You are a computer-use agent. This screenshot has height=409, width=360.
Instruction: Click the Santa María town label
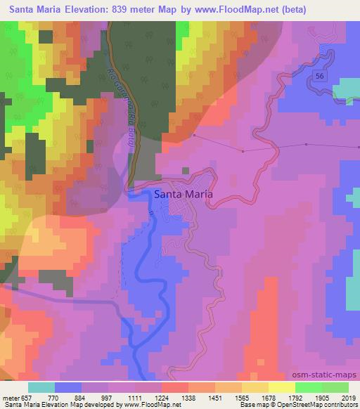click(x=184, y=196)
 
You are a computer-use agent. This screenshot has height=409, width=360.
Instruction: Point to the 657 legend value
click(x=26, y=397)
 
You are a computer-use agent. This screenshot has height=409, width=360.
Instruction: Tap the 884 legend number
click(x=80, y=397)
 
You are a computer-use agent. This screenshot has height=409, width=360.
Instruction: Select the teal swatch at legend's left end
click(x=41, y=387)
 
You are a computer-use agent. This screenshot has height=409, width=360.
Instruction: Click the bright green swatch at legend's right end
click(x=335, y=387)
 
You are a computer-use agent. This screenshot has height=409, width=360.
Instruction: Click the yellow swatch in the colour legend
click(x=281, y=387)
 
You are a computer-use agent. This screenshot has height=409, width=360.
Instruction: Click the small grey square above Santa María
click(x=186, y=170)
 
